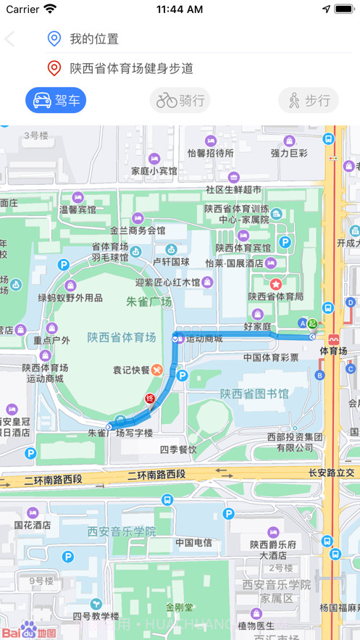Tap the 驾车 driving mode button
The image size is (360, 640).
pos(56,100)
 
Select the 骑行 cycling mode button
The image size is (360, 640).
pos(180,100)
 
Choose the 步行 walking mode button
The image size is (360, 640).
pos(308,100)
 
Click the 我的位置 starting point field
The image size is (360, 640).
pos(94,38)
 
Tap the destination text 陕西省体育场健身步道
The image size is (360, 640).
pos(131,68)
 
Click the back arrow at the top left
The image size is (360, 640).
pos(10,38)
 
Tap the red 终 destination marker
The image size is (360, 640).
pos(151,399)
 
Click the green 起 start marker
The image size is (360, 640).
pos(312,323)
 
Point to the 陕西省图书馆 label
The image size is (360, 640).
pos(254,394)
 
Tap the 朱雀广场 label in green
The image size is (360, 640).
pos(149,301)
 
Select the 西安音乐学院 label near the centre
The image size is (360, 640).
pos(122,531)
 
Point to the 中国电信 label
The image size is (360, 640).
pos(193,542)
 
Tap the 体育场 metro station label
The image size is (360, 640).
pos(333,352)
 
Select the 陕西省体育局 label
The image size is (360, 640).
pos(275,296)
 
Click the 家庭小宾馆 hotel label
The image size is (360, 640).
pos(154,171)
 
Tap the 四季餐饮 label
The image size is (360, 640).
pos(178,449)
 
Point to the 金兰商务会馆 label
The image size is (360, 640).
pos(138,230)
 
